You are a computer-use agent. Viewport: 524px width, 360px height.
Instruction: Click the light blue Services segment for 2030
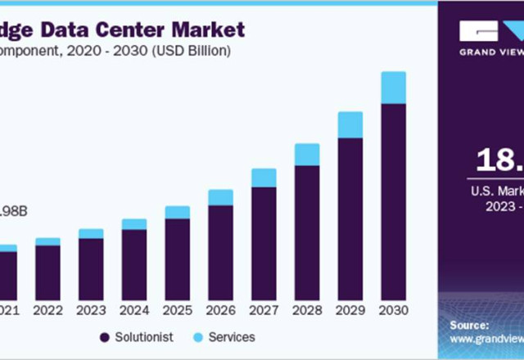[x=394, y=88]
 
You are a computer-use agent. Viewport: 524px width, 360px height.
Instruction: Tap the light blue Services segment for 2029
[x=350, y=124]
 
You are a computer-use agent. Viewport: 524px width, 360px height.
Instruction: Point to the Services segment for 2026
[x=220, y=197]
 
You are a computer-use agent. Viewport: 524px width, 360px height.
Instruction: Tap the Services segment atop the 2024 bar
[x=134, y=224]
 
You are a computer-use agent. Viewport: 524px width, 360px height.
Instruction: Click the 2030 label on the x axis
[x=394, y=310]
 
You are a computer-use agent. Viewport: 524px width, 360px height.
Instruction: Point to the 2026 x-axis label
[x=220, y=310]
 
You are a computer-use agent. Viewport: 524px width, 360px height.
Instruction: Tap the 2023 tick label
[x=91, y=310]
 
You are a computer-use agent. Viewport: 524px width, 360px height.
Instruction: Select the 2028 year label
[x=307, y=310]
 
